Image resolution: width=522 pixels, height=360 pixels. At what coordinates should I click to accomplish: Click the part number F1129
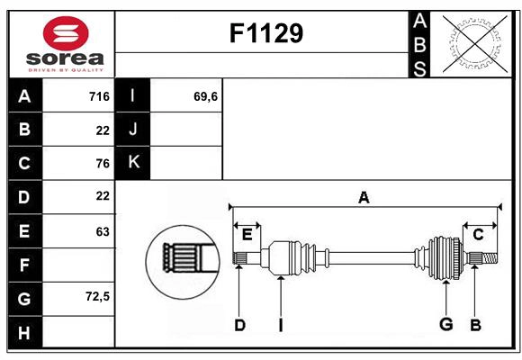[266, 33]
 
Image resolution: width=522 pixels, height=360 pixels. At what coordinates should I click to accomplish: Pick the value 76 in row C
[102, 163]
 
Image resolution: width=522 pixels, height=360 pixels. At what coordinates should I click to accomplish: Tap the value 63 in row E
[102, 231]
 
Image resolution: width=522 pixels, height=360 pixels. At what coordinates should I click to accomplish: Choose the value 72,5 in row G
[97, 296]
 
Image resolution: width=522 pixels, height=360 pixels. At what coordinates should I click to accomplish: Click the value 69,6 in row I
[206, 96]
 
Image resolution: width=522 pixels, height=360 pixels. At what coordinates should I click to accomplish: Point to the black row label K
[133, 163]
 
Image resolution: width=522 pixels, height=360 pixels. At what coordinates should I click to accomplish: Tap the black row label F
[24, 265]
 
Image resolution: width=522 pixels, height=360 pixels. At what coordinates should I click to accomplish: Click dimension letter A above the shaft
[364, 197]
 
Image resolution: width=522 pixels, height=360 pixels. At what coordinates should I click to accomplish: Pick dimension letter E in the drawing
[247, 235]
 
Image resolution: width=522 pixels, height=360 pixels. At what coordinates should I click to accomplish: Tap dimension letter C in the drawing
[479, 235]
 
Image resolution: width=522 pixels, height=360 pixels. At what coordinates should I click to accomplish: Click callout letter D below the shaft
[239, 325]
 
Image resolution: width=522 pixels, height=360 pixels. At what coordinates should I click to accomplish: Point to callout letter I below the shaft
[281, 325]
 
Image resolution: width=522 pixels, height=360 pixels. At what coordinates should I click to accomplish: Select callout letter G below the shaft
[445, 325]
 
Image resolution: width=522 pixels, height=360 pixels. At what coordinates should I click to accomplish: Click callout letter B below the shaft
[475, 325]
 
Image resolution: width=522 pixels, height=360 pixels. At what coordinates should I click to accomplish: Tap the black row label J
[133, 130]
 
